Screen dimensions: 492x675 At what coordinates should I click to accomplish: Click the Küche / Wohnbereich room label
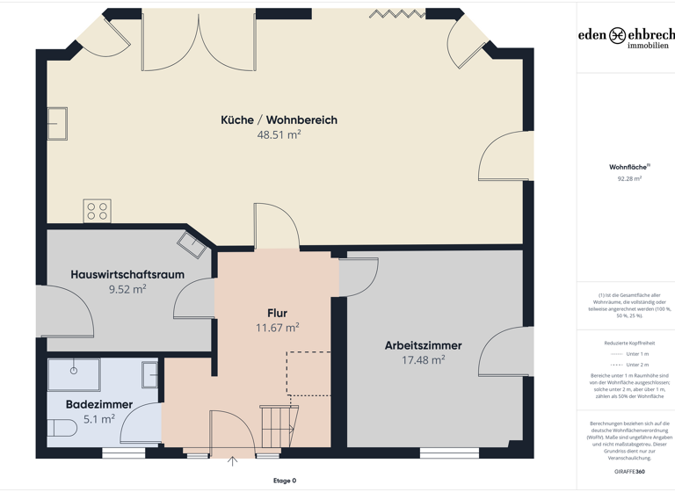tap(279, 119)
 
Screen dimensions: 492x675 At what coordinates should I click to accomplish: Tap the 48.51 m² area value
tap(279, 135)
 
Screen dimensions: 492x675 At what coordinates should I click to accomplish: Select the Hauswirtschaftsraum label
tap(127, 274)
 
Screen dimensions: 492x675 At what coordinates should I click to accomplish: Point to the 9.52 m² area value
tap(127, 289)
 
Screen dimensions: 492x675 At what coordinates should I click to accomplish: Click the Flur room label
tap(277, 313)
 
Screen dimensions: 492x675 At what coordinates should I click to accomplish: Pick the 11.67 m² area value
tap(277, 328)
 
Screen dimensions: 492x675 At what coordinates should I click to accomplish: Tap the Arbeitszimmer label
tap(423, 345)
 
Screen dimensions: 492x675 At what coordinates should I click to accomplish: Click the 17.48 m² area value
tap(423, 360)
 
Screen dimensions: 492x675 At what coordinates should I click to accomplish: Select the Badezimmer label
tap(99, 404)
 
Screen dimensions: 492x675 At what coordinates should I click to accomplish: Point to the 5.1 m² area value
tap(99, 419)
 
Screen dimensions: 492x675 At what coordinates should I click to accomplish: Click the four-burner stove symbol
tap(97, 211)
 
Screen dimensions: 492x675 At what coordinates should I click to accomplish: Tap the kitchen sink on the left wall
tap(57, 124)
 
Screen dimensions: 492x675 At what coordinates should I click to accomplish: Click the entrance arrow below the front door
tap(233, 461)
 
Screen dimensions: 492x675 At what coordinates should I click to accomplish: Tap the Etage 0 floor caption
tap(284, 481)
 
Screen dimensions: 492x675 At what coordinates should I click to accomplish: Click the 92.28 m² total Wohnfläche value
tap(629, 178)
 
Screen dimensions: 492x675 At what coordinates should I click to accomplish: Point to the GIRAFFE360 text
tap(629, 472)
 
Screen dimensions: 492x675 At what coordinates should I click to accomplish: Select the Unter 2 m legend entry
tap(629, 365)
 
